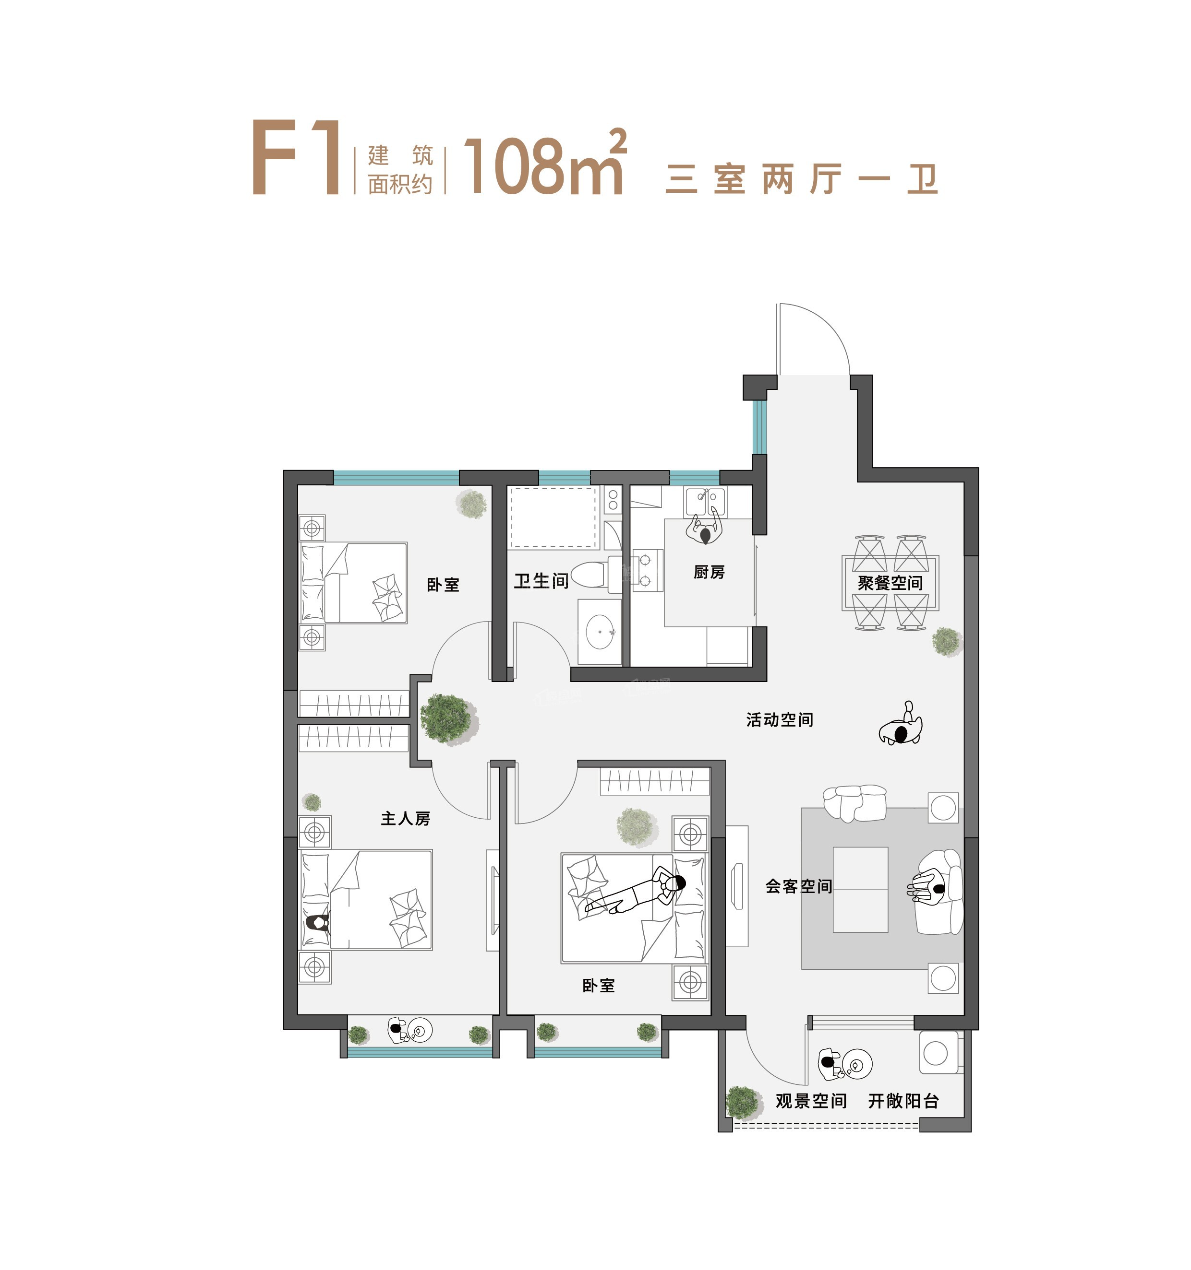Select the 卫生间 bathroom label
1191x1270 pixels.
[x=541, y=581]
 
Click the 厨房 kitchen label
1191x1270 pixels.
[x=709, y=572]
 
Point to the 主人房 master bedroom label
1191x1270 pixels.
[x=405, y=818]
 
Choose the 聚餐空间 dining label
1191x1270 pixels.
[x=890, y=583]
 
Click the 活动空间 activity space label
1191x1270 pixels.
[x=779, y=720]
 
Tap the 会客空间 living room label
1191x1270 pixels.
[x=798, y=886]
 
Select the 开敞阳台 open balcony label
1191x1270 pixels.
[x=902, y=1101]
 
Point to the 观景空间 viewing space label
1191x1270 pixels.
[x=811, y=1101]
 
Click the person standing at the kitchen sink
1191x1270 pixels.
[x=705, y=530]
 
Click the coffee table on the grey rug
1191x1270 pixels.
[x=860, y=889]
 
